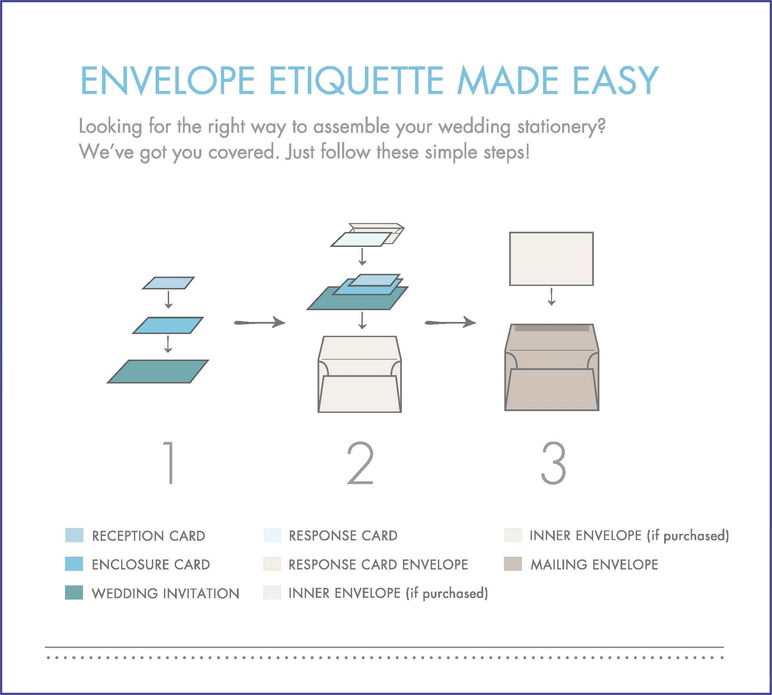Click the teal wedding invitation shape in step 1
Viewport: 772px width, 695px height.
coord(158,371)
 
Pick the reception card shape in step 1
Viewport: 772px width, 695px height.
coord(168,283)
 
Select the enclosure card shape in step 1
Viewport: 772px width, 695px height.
coord(168,325)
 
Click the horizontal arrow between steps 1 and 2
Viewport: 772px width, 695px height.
coord(259,323)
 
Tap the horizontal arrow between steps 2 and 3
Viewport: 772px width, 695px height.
coord(450,323)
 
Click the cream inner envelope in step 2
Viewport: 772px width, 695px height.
coord(359,374)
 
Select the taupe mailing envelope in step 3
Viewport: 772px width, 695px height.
coord(552,367)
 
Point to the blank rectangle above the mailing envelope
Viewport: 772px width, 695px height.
coord(551,259)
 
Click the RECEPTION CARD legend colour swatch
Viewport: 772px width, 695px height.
coord(74,535)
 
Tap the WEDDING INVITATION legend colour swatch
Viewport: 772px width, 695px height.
coord(74,592)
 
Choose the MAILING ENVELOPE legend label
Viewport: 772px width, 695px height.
coord(594,564)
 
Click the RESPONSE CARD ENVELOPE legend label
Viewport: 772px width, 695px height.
coord(378,564)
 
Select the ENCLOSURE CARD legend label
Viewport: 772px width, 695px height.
coord(151,564)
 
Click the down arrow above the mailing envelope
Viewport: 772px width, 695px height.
coord(551,297)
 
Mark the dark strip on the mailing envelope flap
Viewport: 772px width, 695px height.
coord(552,328)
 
